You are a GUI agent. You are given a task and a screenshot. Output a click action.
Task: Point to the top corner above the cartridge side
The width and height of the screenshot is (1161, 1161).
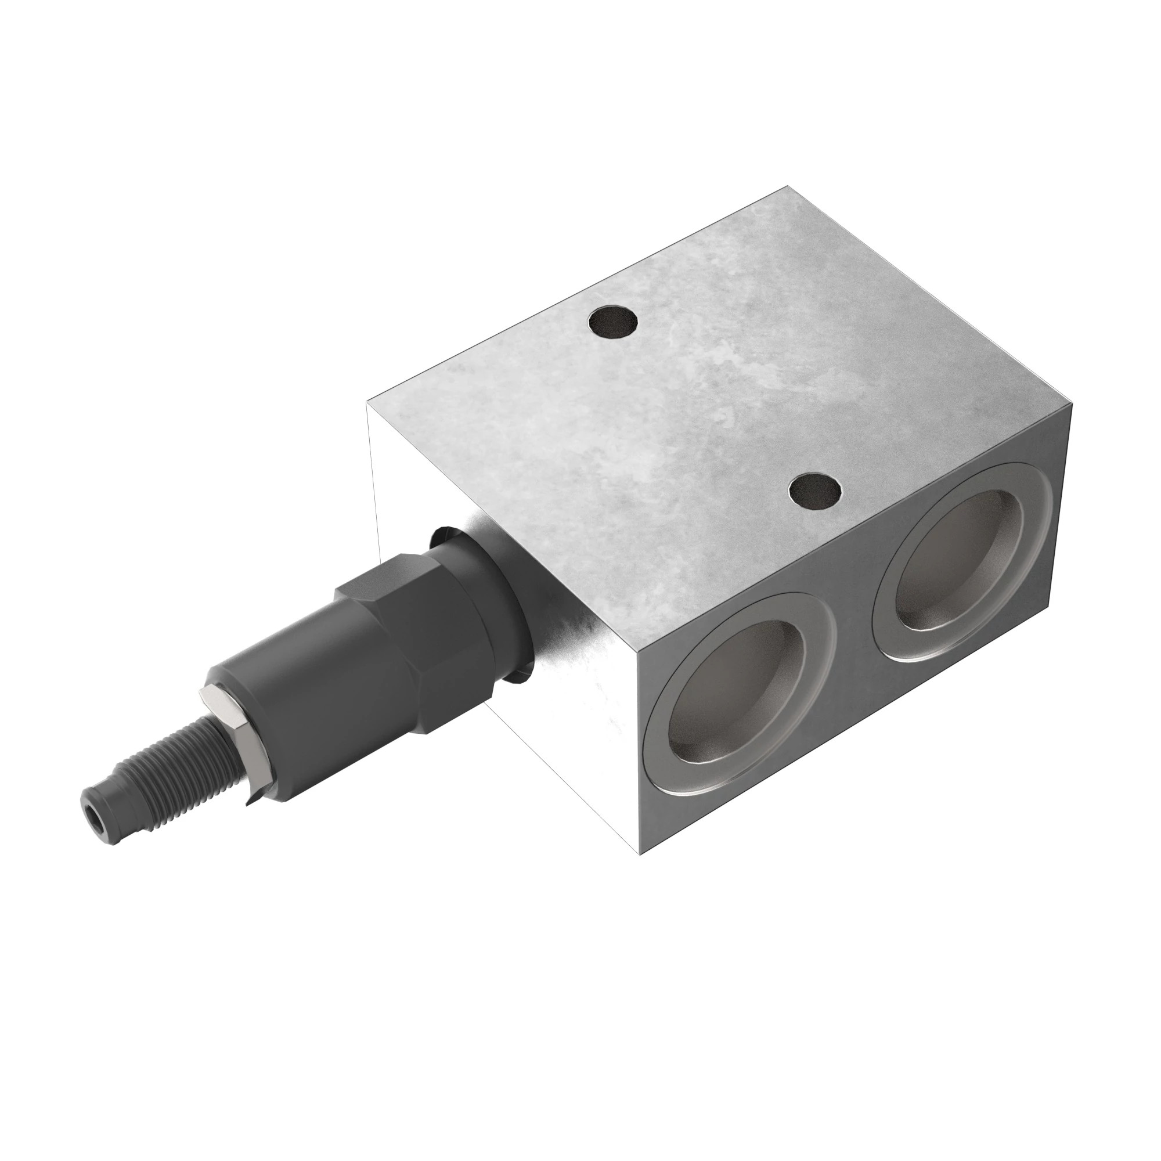click(368, 405)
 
